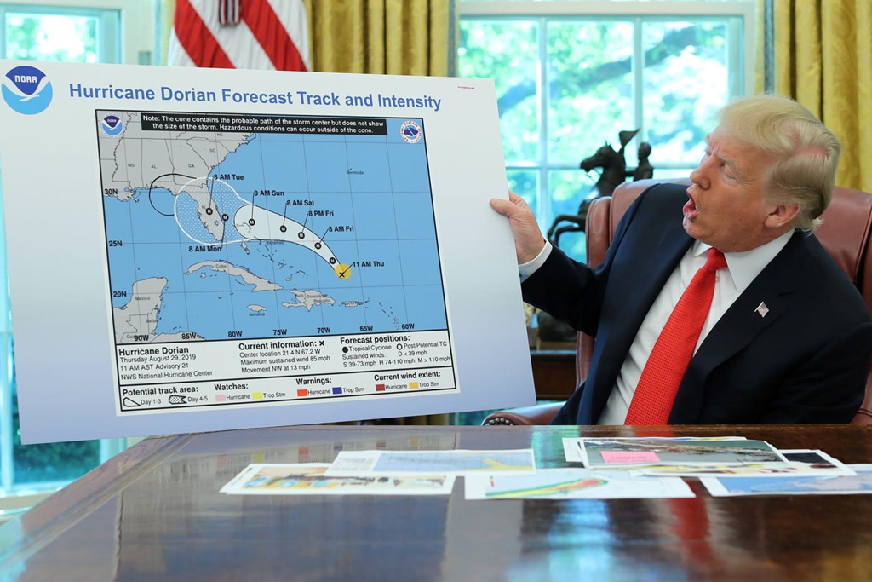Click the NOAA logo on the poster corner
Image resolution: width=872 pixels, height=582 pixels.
26,89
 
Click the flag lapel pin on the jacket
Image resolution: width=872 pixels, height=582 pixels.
761,308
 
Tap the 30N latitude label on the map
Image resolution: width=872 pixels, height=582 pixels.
111,193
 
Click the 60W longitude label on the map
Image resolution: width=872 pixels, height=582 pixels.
407,326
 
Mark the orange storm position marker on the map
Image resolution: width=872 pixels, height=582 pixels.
342,272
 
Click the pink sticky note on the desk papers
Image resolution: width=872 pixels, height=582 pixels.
629,456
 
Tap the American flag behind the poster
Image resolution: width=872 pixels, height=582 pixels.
238,34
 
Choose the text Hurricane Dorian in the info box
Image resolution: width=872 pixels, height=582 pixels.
151,351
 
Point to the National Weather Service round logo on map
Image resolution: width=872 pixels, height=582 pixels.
410,132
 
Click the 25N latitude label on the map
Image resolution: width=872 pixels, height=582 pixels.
115,244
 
